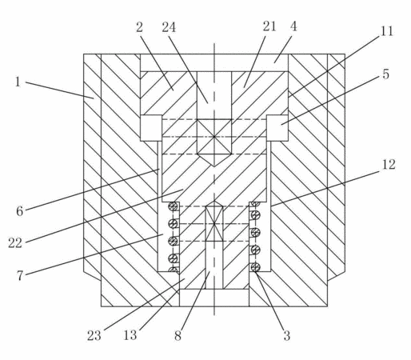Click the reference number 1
18,82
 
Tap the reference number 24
169,27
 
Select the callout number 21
269,26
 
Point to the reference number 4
293,26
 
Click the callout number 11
386,31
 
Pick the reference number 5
385,74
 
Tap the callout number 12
389,165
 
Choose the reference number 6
20,211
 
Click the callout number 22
15,243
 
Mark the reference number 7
20,275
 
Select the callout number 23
94,335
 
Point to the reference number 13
130,335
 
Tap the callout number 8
178,335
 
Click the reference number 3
286,335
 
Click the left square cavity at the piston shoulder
151,128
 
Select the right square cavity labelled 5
277,128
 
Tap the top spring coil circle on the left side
173,206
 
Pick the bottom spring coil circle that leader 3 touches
255,267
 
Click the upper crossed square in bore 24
214,137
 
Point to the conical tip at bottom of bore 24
214,160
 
